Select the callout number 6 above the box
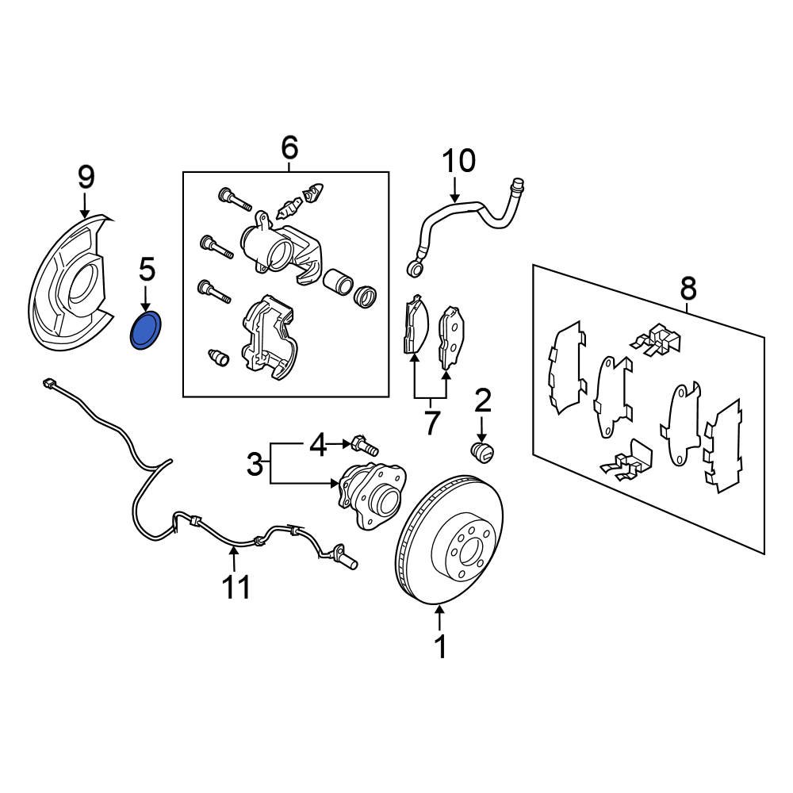pyautogui.click(x=289, y=147)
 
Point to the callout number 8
pyautogui.click(x=688, y=289)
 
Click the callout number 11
pyautogui.click(x=236, y=588)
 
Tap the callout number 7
pyautogui.click(x=431, y=423)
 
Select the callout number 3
pyautogui.click(x=254, y=464)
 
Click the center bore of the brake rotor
pyautogui.click(x=465, y=551)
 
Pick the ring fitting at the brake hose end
pyautogui.click(x=413, y=269)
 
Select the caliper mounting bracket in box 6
pyautogui.click(x=266, y=333)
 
